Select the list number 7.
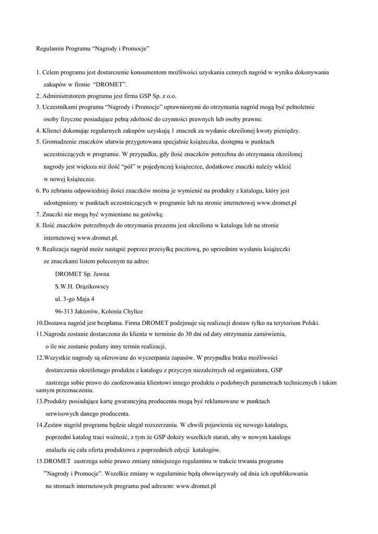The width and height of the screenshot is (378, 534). (x=38, y=214)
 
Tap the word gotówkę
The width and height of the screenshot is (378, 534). (x=152, y=214)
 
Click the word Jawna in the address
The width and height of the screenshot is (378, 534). (x=101, y=274)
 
